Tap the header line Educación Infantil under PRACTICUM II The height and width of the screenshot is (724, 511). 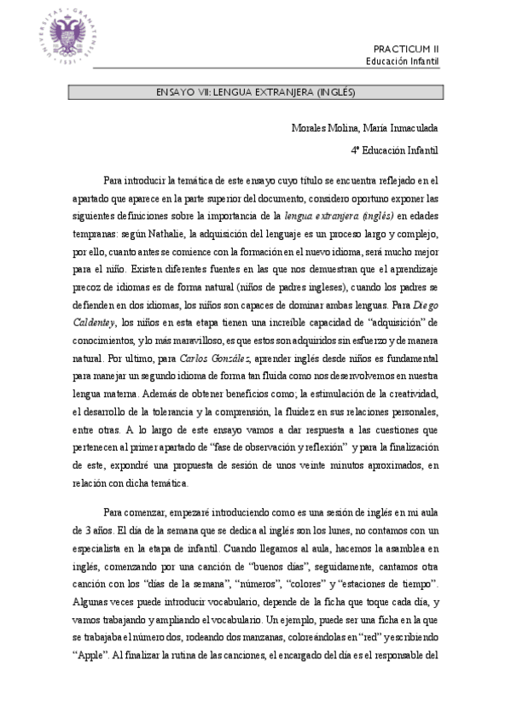(403, 61)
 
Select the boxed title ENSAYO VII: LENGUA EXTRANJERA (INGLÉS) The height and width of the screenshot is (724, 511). (255, 90)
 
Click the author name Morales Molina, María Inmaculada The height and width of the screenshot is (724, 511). (364, 128)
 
